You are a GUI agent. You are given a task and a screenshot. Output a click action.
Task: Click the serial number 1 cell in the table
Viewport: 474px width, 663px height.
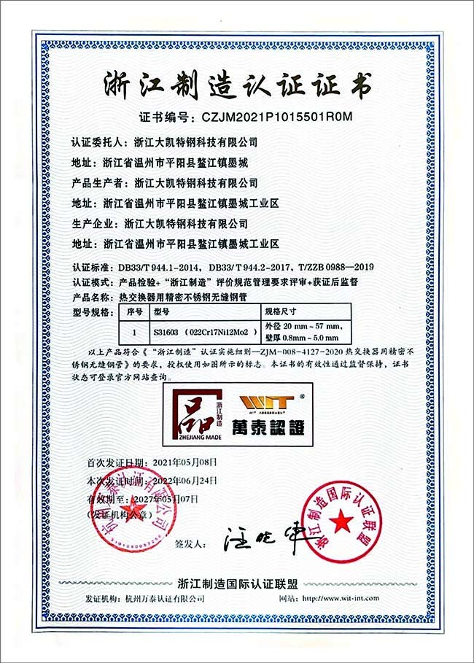[133, 330]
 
